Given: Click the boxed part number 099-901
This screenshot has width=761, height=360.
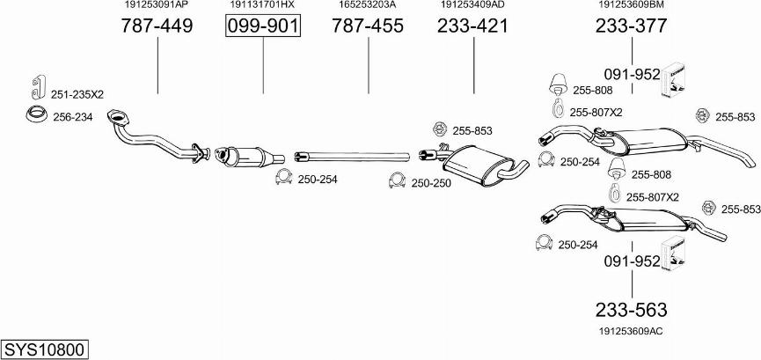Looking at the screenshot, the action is (x=263, y=26).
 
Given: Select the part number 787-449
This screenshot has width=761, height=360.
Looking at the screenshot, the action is (x=157, y=26).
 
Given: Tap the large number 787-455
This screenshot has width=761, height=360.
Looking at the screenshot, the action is (x=368, y=26).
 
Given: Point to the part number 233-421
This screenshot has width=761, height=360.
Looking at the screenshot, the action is (x=472, y=26).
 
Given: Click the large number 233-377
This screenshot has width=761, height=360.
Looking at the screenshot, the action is (x=632, y=26).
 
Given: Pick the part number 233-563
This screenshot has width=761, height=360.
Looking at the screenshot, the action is (x=632, y=310).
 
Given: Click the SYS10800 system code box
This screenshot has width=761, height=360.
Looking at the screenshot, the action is (x=45, y=349).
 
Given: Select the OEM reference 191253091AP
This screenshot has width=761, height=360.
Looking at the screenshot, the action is (x=157, y=5).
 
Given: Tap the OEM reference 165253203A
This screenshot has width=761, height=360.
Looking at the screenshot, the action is (x=368, y=5).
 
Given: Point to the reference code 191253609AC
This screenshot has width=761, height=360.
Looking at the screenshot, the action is (x=631, y=331).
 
